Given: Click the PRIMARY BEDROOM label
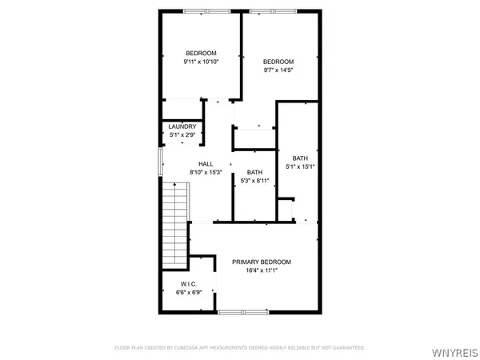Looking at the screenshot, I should point(261,262).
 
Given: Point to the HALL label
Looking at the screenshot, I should point(206,164).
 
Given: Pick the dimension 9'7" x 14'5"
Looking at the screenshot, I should point(278,70).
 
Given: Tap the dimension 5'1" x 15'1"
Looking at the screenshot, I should point(300,166).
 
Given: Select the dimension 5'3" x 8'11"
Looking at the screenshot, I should point(254,181).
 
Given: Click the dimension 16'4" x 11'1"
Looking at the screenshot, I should point(261,270).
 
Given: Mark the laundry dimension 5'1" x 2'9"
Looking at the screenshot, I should point(181,134).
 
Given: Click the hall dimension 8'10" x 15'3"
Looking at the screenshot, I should point(206,172).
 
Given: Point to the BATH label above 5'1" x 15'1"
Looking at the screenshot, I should point(300,158).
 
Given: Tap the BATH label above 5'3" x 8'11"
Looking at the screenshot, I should point(254,173).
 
